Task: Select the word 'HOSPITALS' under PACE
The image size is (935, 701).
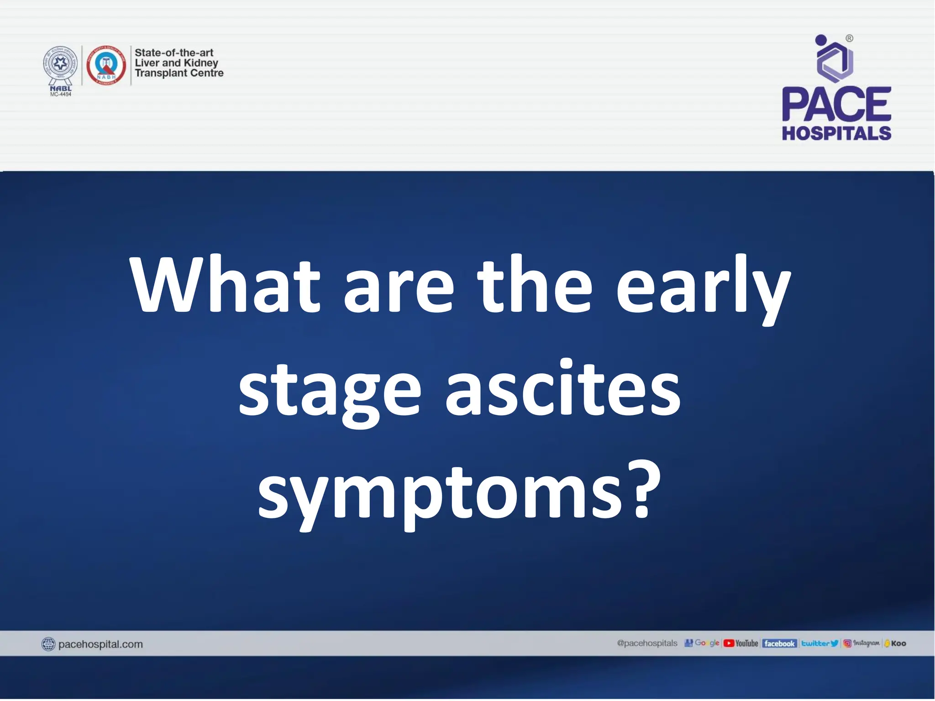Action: (x=836, y=133)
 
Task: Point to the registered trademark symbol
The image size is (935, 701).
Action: (x=849, y=38)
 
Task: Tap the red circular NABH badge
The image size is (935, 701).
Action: (x=106, y=65)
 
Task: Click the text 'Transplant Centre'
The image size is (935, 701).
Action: (x=179, y=73)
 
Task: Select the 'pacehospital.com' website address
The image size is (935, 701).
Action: (x=100, y=644)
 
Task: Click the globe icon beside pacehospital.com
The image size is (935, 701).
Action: (x=48, y=644)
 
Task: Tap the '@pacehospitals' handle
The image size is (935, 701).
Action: (x=647, y=643)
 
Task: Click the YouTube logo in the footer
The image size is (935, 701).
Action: (x=741, y=643)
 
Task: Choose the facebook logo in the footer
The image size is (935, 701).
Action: (x=779, y=643)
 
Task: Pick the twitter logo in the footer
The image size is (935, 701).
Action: (x=819, y=643)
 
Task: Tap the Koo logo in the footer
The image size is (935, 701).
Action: (x=895, y=643)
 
